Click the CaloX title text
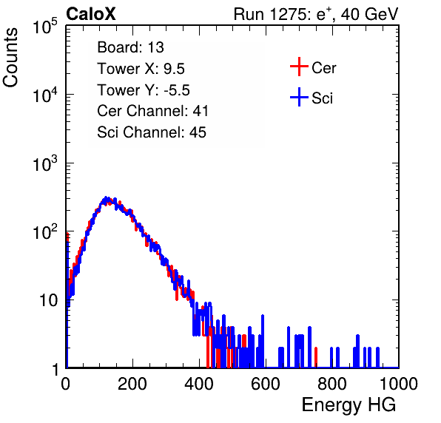pos(91,14)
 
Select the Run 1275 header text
pos(316,14)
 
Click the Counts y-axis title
pos(10,58)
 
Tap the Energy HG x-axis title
pos(349,405)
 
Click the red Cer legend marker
pos(299,67)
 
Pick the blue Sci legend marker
pos(299,97)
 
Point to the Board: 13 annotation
pos(130,47)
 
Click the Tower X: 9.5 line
pos(141,69)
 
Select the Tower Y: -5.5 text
pos(144,90)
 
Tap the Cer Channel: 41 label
pos(152,111)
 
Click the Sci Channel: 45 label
pos(152,132)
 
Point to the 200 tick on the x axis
pos(132,384)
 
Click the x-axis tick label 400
pos(199,384)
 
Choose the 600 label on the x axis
pos(266,384)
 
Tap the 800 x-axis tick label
pos(332,384)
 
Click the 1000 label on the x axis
pos(399,384)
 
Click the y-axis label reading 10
pos(48,301)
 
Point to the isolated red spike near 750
pos(316,357)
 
